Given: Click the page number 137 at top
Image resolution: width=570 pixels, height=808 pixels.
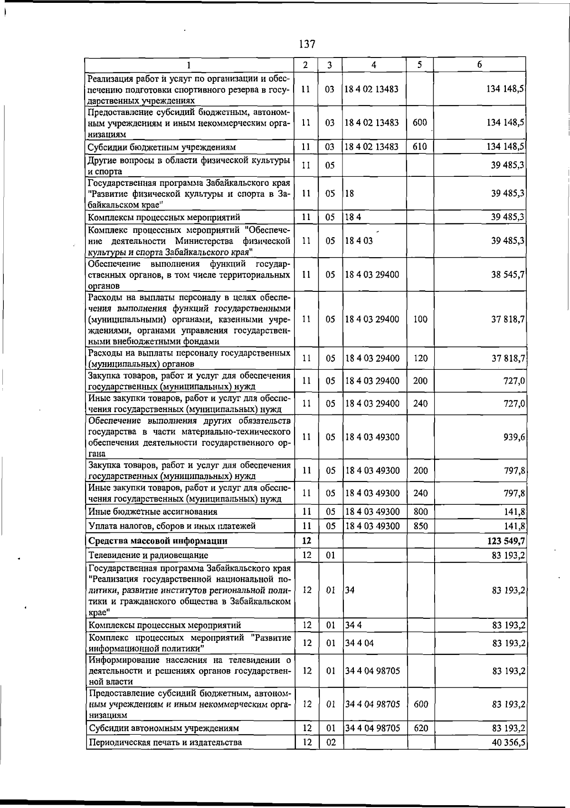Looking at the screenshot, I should pos(307,44).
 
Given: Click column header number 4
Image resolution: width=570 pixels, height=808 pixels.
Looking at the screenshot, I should pos(374,65).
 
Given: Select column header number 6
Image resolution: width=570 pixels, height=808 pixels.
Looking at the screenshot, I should pos(480,65).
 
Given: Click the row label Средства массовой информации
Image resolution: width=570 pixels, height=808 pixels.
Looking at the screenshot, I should pos(158,541).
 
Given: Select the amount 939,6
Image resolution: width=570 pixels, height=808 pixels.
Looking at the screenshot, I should pos(514,437).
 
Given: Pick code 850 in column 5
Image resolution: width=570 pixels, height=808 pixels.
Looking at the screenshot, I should pos(421,526).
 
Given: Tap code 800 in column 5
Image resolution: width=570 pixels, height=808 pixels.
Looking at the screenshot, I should pos(421,512).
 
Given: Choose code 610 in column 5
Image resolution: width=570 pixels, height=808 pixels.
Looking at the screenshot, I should pos(420,147).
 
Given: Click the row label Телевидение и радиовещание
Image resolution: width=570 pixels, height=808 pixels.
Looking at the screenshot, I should pos(148,555).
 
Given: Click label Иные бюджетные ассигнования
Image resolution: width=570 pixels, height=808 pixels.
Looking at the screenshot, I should pos(153,512).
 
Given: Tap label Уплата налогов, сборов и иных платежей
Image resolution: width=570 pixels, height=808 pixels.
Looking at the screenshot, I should pos(172,526).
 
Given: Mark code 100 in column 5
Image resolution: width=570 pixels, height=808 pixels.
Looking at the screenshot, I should pos(420,319).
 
